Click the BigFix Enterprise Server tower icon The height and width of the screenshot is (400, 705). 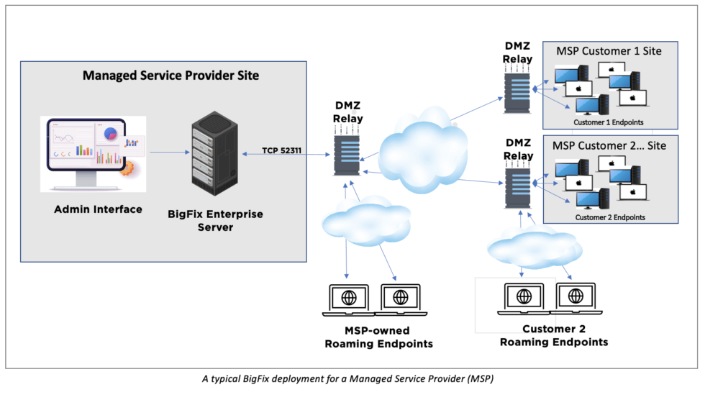215,153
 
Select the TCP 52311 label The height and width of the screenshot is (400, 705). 282,150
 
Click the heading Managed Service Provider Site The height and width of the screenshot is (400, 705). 171,75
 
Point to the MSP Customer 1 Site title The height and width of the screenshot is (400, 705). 609,51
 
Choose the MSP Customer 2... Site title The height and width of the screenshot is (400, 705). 609,145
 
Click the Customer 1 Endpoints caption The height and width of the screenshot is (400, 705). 609,122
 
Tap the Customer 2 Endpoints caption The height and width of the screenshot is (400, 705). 610,217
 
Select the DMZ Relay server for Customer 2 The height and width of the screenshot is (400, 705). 517,183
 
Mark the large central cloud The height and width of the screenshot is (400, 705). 423,151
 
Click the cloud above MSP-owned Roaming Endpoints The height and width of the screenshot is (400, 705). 366,221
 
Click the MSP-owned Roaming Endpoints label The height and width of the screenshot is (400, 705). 378,337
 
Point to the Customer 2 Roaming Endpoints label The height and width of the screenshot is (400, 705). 554,335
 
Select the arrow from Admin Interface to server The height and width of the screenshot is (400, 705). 170,153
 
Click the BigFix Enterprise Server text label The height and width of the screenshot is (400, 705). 215,220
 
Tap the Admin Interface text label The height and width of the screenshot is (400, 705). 98,209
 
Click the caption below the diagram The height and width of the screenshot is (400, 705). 347,379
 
